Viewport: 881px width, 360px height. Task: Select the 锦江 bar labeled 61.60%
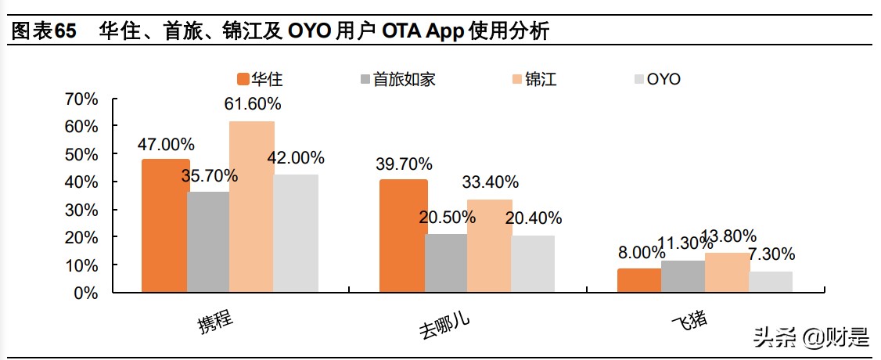coord(252,207)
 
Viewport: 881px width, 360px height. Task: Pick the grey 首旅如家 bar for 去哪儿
coord(446,263)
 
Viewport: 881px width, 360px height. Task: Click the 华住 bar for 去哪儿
coord(403,236)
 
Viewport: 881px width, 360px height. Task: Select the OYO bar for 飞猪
coord(771,282)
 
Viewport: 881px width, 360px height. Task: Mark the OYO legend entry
coord(657,79)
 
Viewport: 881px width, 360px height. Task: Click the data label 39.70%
coord(404,164)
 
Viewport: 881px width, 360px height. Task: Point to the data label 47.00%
coord(166,144)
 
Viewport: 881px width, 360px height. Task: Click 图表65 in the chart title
coord(44,31)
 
